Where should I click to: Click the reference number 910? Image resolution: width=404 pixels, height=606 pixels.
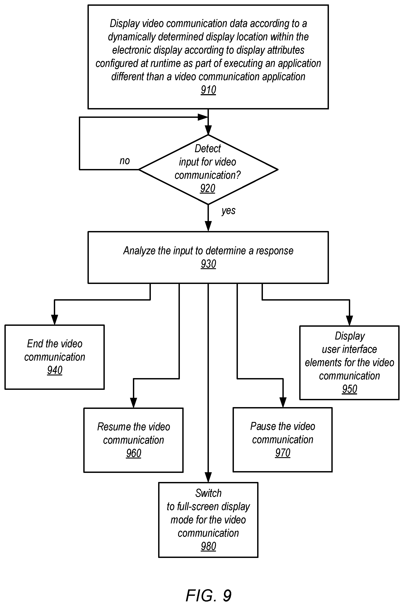208,90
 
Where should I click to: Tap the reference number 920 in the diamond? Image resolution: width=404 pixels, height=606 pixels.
208,188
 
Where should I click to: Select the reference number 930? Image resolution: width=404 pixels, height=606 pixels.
208,264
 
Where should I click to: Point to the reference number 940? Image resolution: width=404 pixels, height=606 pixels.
55,370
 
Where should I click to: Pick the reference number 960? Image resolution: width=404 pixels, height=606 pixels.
134,453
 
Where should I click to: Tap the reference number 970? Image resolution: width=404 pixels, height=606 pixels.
283,453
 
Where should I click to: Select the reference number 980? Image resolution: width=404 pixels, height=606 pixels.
208,546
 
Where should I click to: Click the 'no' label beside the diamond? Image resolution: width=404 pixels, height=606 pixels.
125,161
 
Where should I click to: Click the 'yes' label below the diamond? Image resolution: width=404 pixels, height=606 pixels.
228,211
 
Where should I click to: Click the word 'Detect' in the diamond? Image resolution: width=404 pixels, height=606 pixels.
208,149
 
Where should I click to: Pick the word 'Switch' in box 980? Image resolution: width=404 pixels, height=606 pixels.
208,493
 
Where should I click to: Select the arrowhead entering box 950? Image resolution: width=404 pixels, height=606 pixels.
349,320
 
